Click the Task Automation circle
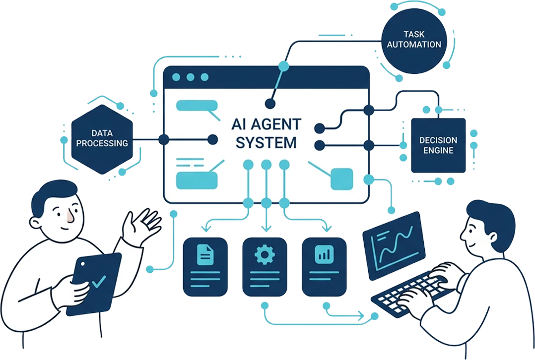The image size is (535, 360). click(413, 39)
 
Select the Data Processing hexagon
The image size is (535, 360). click(102, 138)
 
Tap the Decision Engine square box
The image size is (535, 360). click(438, 145)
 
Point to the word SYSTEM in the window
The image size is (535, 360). click(266, 143)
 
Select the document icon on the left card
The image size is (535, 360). click(205, 254)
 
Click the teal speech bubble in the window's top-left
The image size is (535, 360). click(197, 106)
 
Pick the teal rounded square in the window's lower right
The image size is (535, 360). click(341, 179)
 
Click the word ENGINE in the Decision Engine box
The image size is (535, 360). click(438, 150)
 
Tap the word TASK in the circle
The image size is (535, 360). click(414, 34)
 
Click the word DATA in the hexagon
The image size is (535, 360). click(102, 133)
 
